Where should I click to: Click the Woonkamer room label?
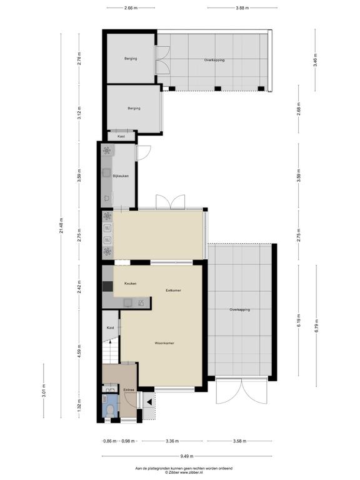tap(164, 343)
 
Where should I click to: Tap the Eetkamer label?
tap(173, 290)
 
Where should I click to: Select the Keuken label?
tap(131, 284)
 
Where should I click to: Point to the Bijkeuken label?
tap(121, 176)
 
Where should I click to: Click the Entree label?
tap(129, 390)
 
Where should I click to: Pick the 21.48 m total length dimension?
tap(61, 226)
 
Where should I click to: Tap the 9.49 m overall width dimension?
tap(187, 456)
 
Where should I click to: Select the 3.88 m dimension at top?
tap(242, 8)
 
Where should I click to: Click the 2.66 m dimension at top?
tap(131, 8)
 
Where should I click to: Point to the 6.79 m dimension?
tap(316, 326)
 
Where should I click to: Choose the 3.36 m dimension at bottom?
tap(172, 441)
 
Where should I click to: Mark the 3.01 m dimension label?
tap(44, 390)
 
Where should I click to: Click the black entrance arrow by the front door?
tap(149, 402)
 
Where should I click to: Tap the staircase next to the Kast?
tap(110, 351)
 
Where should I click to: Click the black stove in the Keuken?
tap(107, 286)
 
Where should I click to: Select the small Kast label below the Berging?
tap(121, 136)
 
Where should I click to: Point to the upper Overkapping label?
tap(214, 60)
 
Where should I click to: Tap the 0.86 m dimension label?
tap(110, 441)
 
